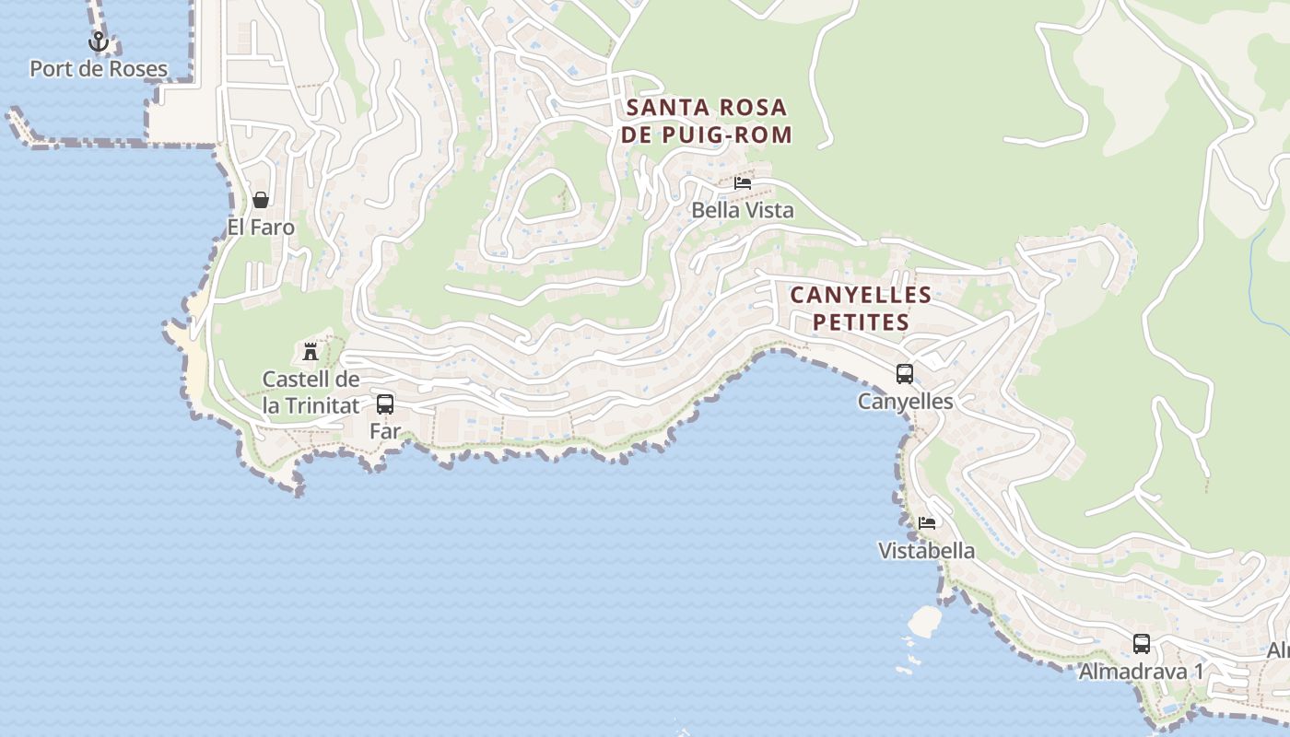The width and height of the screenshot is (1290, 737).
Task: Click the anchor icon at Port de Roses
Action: tap(99, 41)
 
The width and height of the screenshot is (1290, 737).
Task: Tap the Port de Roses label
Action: tap(99, 69)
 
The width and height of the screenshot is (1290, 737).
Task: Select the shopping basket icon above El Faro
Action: tap(261, 200)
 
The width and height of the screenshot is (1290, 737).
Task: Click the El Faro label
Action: tap(261, 228)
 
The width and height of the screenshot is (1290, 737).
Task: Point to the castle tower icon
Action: tap(311, 351)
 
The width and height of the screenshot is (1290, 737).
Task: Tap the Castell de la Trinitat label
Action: tap(311, 392)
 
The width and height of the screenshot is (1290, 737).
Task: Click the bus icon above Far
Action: tap(385, 404)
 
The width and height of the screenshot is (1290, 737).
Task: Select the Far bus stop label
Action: tap(385, 431)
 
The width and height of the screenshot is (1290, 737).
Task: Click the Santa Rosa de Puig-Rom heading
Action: tap(708, 121)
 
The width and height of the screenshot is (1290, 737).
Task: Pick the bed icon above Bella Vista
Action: tap(743, 183)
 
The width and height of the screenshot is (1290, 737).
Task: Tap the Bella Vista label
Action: tap(743, 211)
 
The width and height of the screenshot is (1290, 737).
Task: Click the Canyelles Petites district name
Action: tap(861, 309)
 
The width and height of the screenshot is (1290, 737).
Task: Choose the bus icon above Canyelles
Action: tap(905, 374)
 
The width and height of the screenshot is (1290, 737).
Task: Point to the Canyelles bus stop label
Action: tap(905, 402)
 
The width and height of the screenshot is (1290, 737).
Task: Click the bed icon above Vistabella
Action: tap(927, 523)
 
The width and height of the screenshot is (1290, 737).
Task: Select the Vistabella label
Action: tap(927, 551)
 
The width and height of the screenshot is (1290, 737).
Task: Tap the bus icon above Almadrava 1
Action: tap(1142, 644)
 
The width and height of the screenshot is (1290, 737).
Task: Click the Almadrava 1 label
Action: tap(1142, 672)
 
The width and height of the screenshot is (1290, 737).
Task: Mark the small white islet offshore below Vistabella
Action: tap(924, 621)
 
